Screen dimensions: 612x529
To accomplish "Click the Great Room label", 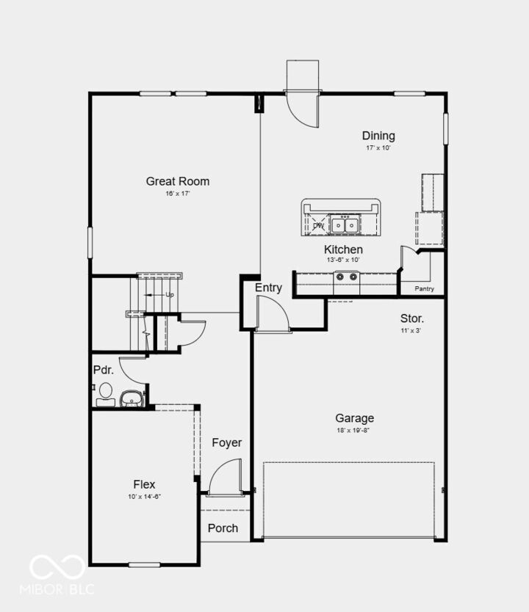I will [x=177, y=181].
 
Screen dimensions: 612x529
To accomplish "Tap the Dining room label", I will [x=378, y=136].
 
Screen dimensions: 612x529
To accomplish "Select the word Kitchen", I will [x=343, y=249].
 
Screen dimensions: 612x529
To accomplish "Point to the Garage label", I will [x=355, y=418].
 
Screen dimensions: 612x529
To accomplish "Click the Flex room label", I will [x=144, y=484].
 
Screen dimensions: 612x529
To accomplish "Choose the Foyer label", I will [x=227, y=442].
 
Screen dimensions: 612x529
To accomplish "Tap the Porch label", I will [x=223, y=528].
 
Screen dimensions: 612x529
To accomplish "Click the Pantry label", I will [x=425, y=288].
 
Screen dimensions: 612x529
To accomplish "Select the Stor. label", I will [x=411, y=319].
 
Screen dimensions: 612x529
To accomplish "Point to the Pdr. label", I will [x=102, y=370].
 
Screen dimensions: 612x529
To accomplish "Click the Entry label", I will [x=268, y=288].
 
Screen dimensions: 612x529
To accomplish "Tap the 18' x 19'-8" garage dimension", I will [x=355, y=431].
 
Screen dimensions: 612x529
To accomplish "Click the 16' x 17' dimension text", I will [x=177, y=194].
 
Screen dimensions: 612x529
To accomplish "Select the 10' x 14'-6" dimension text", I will [x=144, y=497].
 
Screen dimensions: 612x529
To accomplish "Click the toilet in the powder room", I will [x=105, y=391].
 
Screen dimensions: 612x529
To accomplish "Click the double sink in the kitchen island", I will [x=344, y=225].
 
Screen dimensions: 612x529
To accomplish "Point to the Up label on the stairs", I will [x=170, y=294].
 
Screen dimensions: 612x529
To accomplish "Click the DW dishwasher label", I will [x=318, y=225].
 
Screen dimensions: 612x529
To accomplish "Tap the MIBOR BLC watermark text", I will [x=62, y=589].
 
